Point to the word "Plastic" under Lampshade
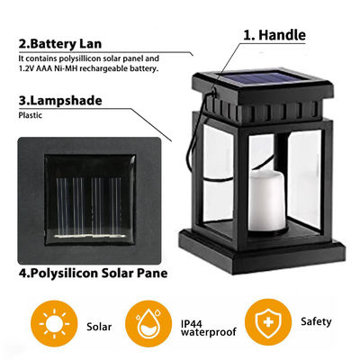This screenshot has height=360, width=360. [30, 116]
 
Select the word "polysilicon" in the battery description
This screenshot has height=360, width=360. [78, 58]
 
